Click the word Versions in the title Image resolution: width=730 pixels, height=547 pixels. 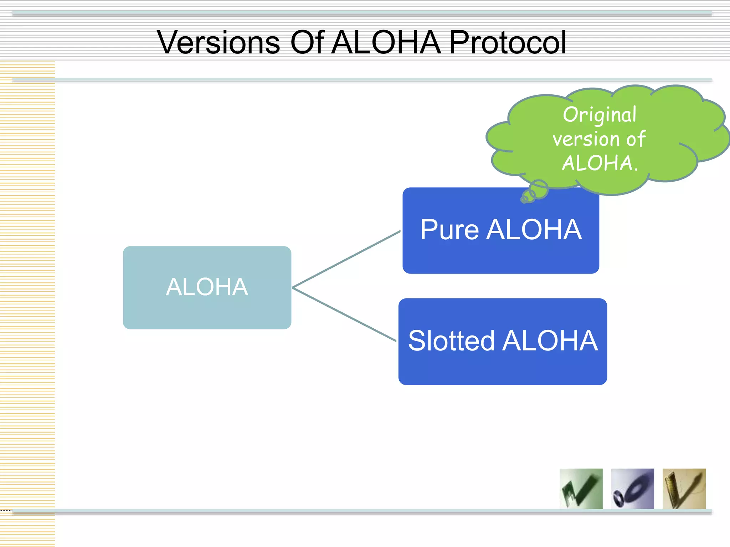coord(218,43)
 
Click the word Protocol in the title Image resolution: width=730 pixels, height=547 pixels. coord(508,43)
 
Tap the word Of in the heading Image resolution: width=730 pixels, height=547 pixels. coord(307,43)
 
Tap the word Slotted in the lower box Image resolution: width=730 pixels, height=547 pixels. coord(451,341)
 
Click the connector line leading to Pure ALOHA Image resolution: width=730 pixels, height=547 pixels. coord(346,260)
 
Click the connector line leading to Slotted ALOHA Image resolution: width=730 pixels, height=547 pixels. coord(344,314)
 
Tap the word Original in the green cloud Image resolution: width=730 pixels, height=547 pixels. coord(600,115)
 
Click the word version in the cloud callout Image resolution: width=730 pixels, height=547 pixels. coord(586,139)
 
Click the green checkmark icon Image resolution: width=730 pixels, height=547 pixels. coord(581,489)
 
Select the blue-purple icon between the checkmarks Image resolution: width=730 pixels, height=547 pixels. coord(632,489)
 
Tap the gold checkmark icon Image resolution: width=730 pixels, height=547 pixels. coord(684,489)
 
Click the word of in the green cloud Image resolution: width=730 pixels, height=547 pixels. coord(636,139)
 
